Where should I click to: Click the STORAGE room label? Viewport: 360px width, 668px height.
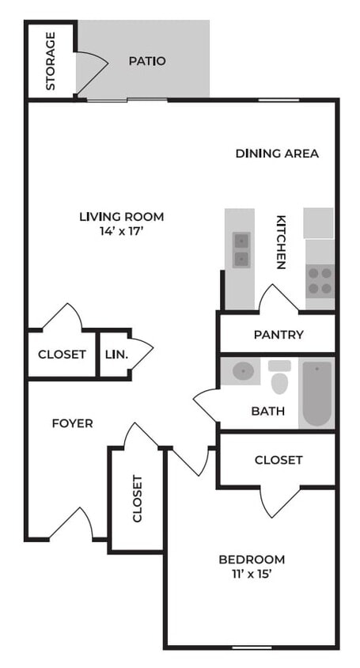pos(51,61)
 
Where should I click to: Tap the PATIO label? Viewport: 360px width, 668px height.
pos(147,61)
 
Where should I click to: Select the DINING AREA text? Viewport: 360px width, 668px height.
pos(277,154)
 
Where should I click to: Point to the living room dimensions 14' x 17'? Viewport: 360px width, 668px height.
pos(121,232)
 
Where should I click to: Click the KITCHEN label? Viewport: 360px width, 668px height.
pos(280,243)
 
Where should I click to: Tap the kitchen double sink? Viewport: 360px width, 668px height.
pos(241,249)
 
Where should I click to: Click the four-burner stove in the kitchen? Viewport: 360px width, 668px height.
pos(320,279)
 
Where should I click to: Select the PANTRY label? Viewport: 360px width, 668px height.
pos(278,335)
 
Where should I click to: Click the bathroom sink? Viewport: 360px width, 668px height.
pos(244,370)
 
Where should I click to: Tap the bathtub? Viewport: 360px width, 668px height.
pos(317,393)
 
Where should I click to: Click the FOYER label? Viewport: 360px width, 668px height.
pos(72,423)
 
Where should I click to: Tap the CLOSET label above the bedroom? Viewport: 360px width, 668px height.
pos(278,460)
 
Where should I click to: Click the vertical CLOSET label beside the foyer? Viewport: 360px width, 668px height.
pos(137,499)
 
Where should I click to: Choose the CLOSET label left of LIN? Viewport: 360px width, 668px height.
pos(62,354)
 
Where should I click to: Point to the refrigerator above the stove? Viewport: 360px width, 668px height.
pos(320,223)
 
